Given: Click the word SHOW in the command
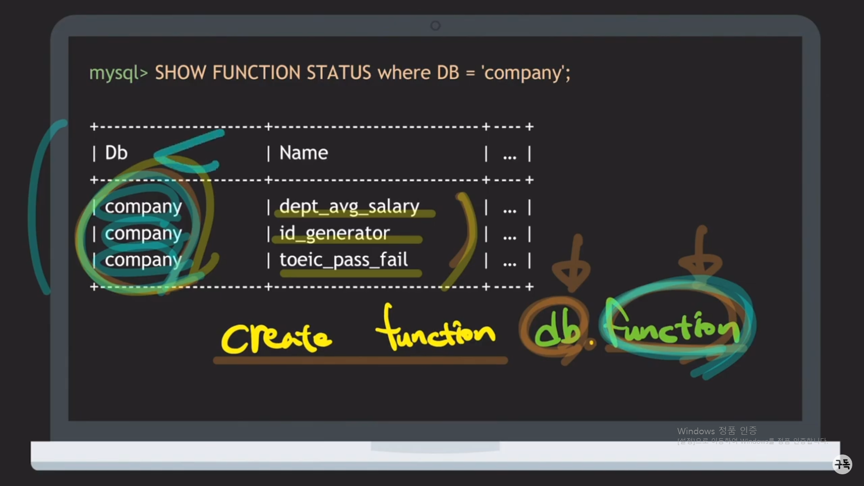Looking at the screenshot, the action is point(180,73).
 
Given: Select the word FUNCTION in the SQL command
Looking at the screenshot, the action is point(256,73).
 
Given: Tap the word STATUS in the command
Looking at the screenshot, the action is point(339,73).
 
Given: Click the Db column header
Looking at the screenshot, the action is point(116,153).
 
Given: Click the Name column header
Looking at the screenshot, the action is point(304,153).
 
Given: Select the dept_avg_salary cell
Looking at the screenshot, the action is point(349,207).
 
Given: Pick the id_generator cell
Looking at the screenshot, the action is point(334,233).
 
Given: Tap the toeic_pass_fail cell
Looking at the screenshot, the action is point(344,260).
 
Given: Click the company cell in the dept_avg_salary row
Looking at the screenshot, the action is point(143,207).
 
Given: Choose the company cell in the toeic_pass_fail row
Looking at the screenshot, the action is point(143,260).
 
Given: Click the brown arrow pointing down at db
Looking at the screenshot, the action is point(571,265).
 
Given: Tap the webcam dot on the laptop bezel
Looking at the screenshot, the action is point(435,26).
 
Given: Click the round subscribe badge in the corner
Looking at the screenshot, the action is point(842,464).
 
